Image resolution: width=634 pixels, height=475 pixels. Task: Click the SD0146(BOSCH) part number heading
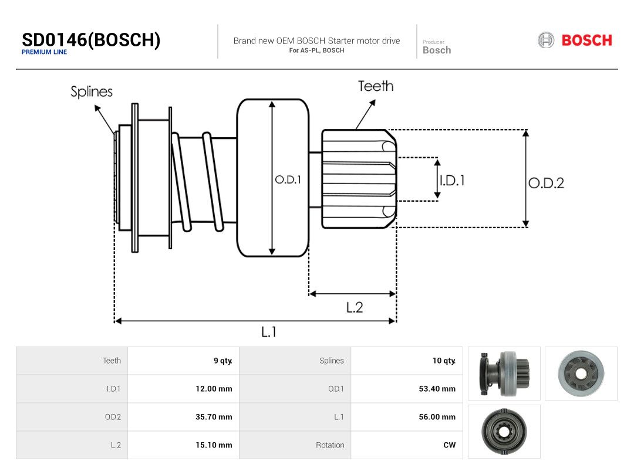click(x=91, y=40)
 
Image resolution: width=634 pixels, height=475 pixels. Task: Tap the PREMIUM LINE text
click(x=45, y=52)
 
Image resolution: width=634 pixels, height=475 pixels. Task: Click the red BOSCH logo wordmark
click(x=586, y=40)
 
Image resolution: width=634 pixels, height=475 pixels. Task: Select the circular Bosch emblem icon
click(x=546, y=40)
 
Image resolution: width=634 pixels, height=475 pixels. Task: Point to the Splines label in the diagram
click(x=92, y=91)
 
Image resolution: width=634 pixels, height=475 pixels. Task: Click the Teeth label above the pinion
click(x=376, y=86)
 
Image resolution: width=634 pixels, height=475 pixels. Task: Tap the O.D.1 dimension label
click(x=288, y=180)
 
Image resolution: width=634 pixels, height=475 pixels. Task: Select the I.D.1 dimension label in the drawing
click(x=453, y=180)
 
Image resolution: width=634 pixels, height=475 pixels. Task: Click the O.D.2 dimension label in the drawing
click(x=546, y=183)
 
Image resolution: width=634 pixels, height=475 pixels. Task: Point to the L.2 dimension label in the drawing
click(x=355, y=308)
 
